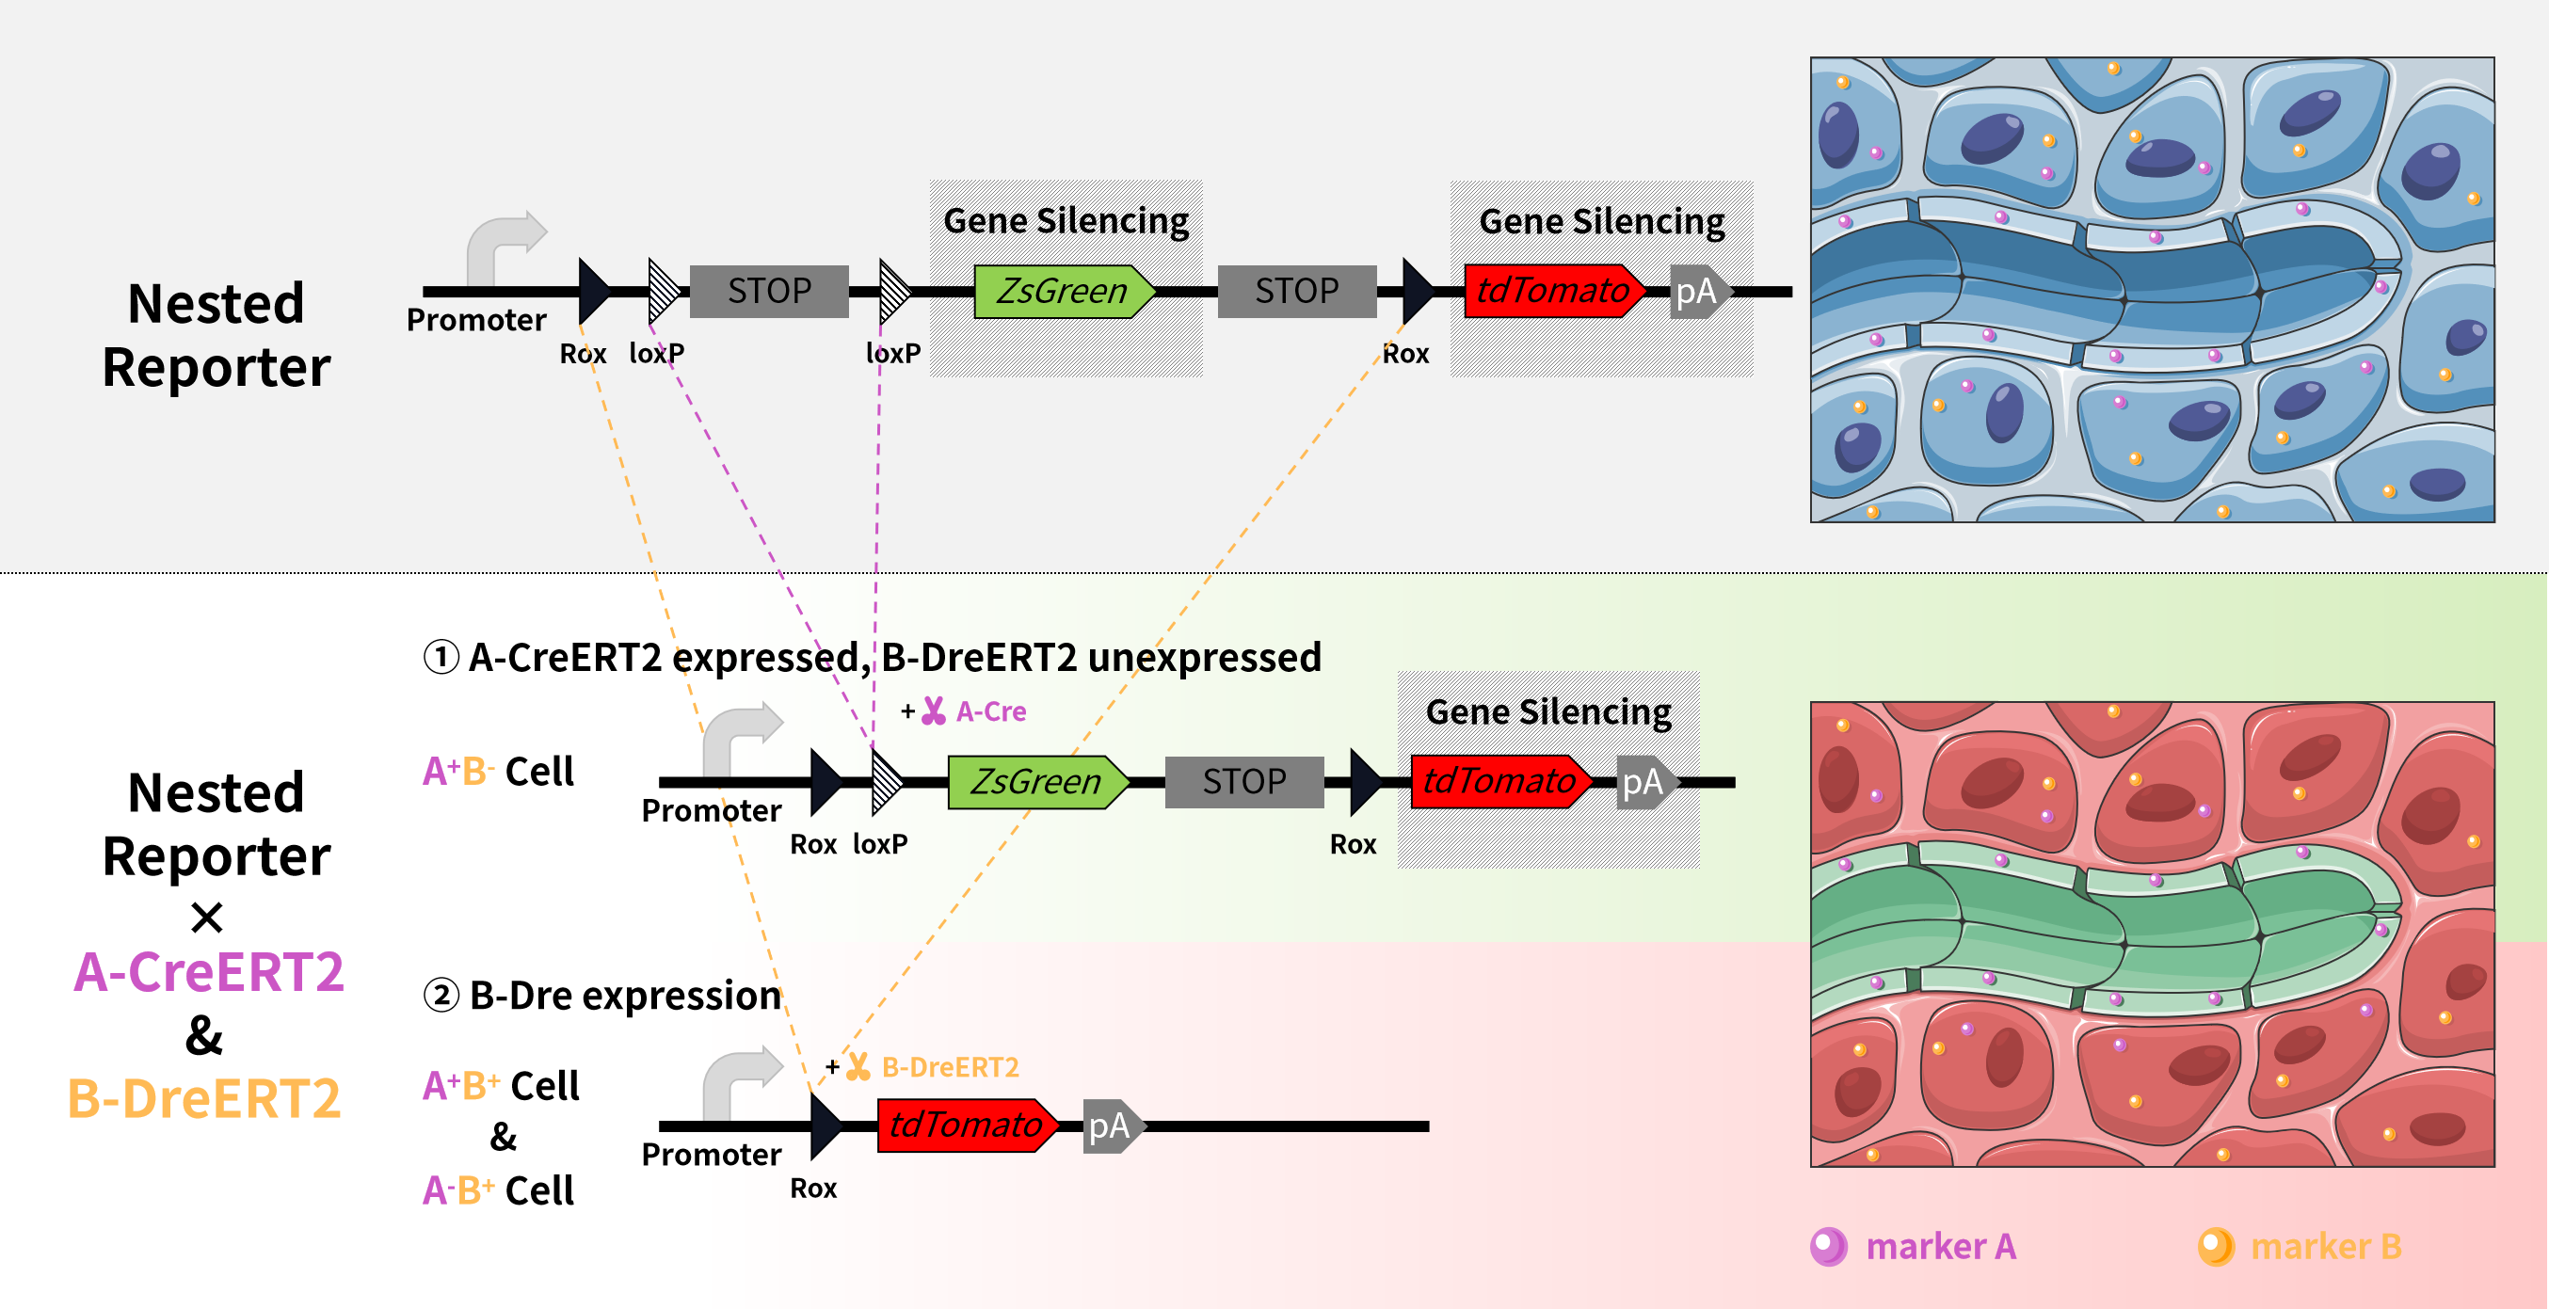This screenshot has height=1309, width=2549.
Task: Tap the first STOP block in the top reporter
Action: click(769, 291)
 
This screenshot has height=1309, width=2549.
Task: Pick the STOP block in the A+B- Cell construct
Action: click(1243, 782)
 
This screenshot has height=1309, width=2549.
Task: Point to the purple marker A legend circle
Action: click(1828, 1246)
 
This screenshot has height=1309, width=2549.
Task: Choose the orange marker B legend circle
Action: click(2216, 1246)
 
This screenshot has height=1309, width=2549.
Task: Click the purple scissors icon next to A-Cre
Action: click(933, 710)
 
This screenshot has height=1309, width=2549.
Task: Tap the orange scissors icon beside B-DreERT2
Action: click(858, 1066)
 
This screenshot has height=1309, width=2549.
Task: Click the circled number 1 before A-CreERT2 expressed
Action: click(441, 657)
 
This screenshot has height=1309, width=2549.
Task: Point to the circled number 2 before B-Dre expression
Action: click(441, 995)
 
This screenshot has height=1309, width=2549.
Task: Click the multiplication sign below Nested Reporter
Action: click(207, 918)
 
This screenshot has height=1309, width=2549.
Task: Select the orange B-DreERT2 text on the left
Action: click(205, 1098)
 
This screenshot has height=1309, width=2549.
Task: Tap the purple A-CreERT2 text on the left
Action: click(209, 971)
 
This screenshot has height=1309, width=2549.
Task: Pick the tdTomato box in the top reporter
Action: click(1552, 291)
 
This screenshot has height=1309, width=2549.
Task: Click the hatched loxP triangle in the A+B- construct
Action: click(885, 782)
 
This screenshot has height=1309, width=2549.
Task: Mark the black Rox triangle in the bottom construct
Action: click(824, 1125)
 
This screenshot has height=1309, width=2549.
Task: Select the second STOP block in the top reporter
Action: click(1296, 291)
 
